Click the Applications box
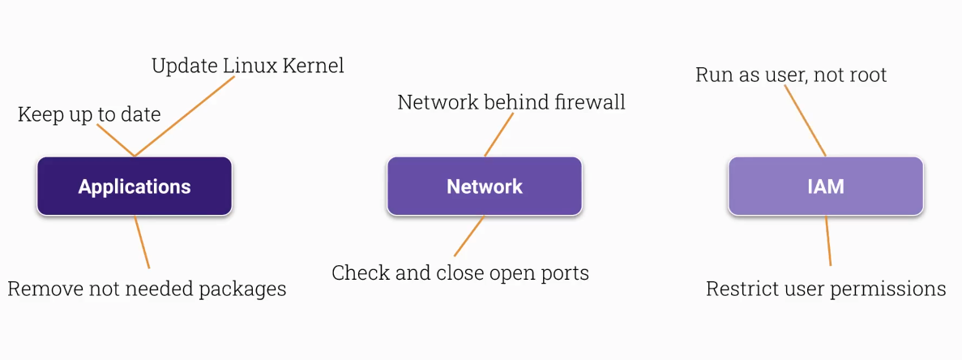coord(135,186)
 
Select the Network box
coord(485,186)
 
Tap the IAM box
coord(825,186)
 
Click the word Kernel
coord(311,66)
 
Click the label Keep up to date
coord(89,114)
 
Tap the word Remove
coord(41,289)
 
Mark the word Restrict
coord(741,289)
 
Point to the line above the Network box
coord(499,135)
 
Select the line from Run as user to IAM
coord(805,121)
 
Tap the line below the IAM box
coord(828,241)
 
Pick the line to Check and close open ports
coord(469,236)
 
